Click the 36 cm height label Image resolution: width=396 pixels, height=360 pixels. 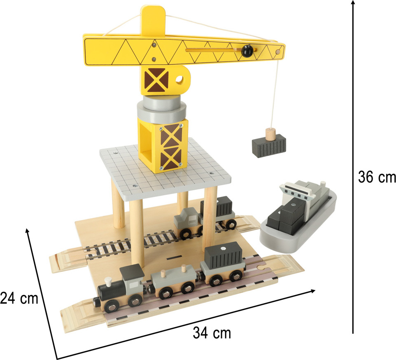pos(377,177)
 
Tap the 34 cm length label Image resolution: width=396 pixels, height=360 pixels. pos(212,333)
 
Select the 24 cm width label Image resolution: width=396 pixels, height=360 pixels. pos(19,298)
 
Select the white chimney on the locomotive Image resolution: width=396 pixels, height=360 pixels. pos(108,281)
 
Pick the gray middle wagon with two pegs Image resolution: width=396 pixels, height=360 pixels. pos(174,281)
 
